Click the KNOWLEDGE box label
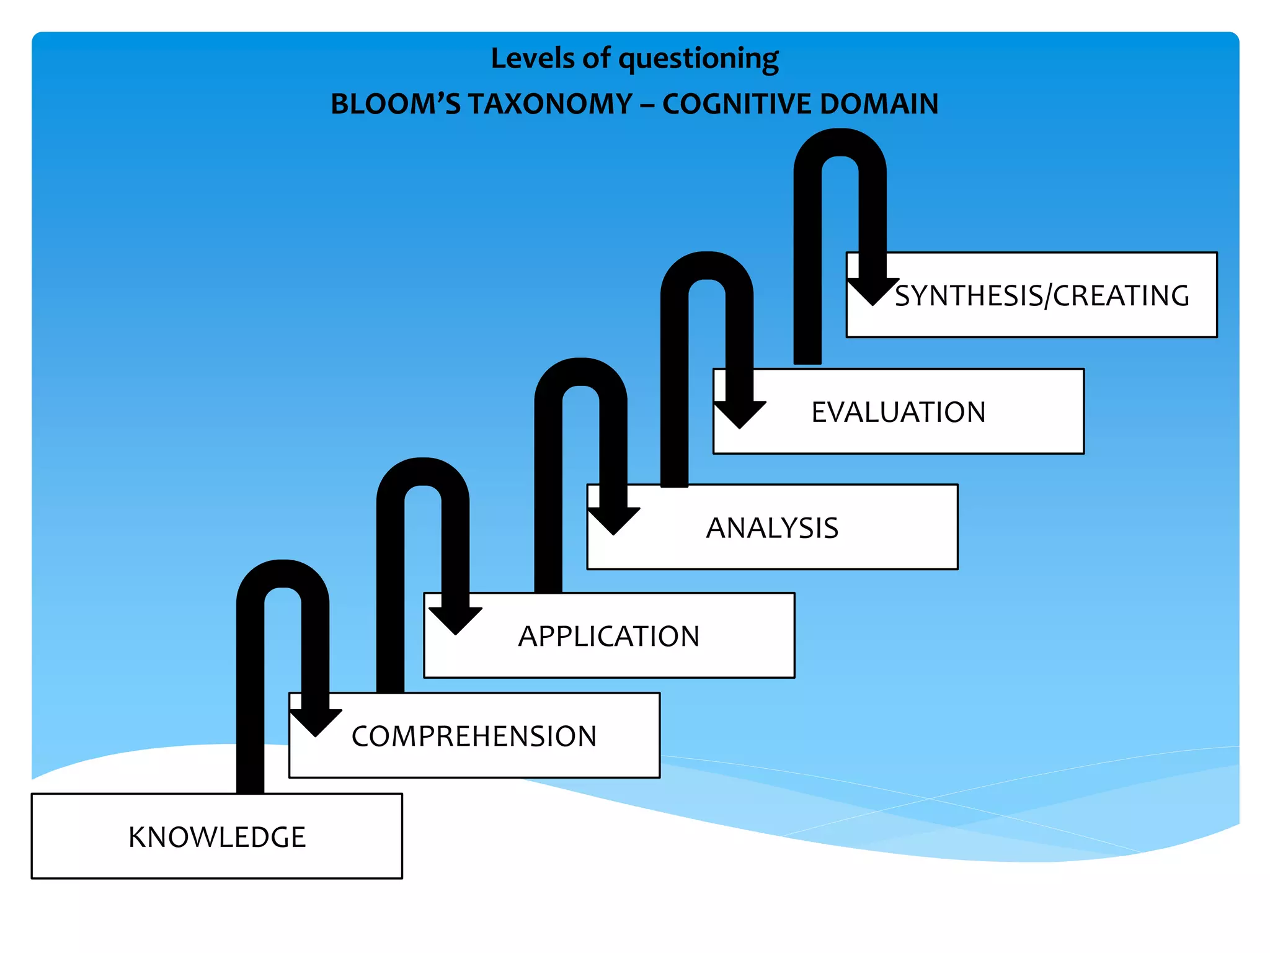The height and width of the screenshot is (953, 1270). click(217, 837)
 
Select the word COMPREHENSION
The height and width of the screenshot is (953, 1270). click(474, 736)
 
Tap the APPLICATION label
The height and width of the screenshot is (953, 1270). click(609, 636)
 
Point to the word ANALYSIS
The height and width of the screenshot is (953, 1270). click(772, 528)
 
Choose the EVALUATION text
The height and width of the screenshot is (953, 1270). click(899, 413)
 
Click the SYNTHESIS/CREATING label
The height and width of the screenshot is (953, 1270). click(1042, 296)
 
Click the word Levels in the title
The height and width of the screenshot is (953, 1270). click(533, 58)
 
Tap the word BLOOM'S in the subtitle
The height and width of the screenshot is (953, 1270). click(396, 104)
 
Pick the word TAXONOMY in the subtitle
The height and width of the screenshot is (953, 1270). click(551, 104)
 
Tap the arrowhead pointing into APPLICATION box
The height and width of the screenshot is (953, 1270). click(455, 620)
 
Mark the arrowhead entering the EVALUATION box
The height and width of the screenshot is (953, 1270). click(740, 414)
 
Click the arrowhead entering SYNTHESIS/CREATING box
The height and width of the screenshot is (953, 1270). click(873, 291)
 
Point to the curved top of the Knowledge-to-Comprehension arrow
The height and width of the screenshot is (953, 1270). click(283, 574)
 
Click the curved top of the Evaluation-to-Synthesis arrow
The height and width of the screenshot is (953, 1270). click(840, 142)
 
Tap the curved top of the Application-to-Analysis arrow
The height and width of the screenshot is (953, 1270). click(580, 372)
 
